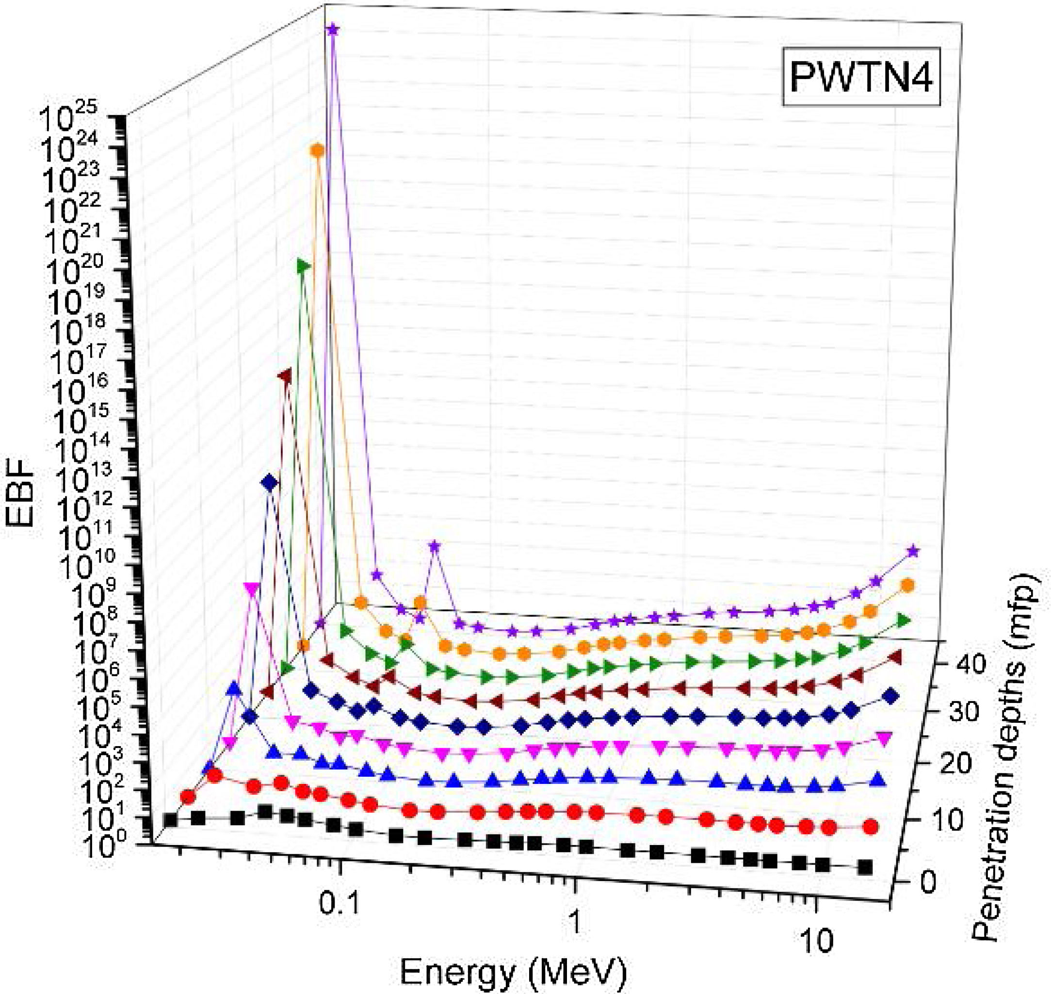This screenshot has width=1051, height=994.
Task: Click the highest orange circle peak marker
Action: (x=317, y=151)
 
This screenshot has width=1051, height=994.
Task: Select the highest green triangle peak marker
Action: (x=303, y=266)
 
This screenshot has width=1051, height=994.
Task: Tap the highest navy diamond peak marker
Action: (x=270, y=482)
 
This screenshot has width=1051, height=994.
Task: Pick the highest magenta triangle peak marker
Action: (x=251, y=589)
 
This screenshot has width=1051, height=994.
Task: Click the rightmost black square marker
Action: (x=865, y=867)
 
